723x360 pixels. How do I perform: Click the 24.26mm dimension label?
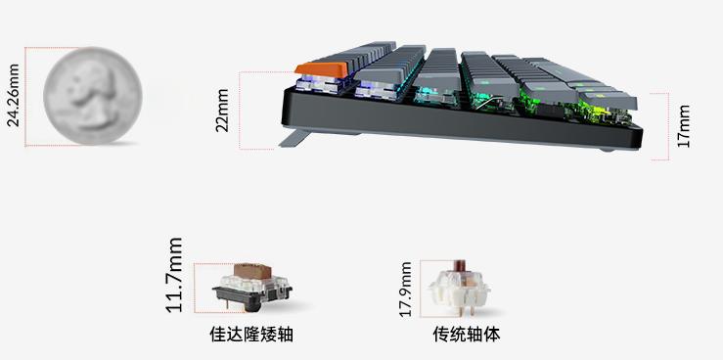pos(13,96)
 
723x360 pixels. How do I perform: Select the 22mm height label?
pos(222,110)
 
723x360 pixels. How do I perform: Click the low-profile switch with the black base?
pos(252,289)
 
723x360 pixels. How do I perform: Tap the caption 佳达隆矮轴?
pos(251,335)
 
